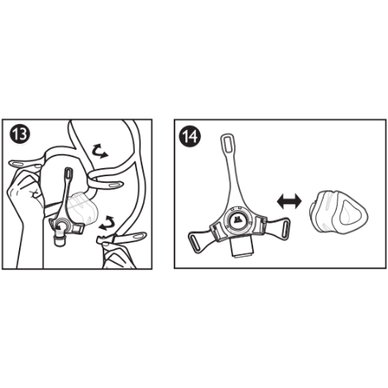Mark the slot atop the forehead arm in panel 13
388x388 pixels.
(68, 176)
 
